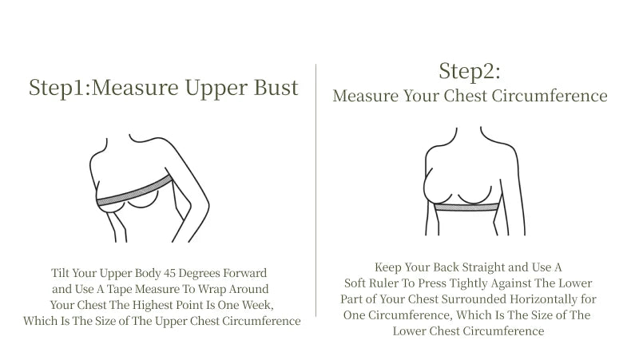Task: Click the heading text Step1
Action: point(58,88)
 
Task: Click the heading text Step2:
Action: point(470,71)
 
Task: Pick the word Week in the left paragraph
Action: point(258,304)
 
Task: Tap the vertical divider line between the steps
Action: point(317,184)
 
